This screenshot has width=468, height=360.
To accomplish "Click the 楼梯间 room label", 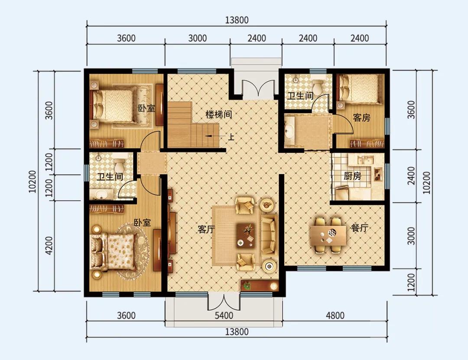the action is tap(219, 115).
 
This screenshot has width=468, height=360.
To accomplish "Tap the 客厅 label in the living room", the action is tap(206, 229).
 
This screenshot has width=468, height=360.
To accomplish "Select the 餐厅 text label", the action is tap(359, 228).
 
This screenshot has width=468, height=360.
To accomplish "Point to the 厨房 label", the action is tap(352, 176).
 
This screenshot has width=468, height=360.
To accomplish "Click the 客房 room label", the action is tap(361, 118).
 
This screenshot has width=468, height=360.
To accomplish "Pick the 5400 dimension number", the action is tap(224, 315).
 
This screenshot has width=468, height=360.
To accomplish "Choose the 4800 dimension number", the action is tap(335, 315).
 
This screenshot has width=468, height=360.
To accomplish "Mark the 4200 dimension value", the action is tap(49, 245).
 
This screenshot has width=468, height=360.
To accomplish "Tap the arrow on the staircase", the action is tap(212, 136).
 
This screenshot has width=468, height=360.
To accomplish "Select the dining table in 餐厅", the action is tap(328, 235).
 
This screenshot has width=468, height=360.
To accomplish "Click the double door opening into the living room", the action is tap(223, 302).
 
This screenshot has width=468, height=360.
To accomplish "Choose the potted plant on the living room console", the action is tap(247, 285).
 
